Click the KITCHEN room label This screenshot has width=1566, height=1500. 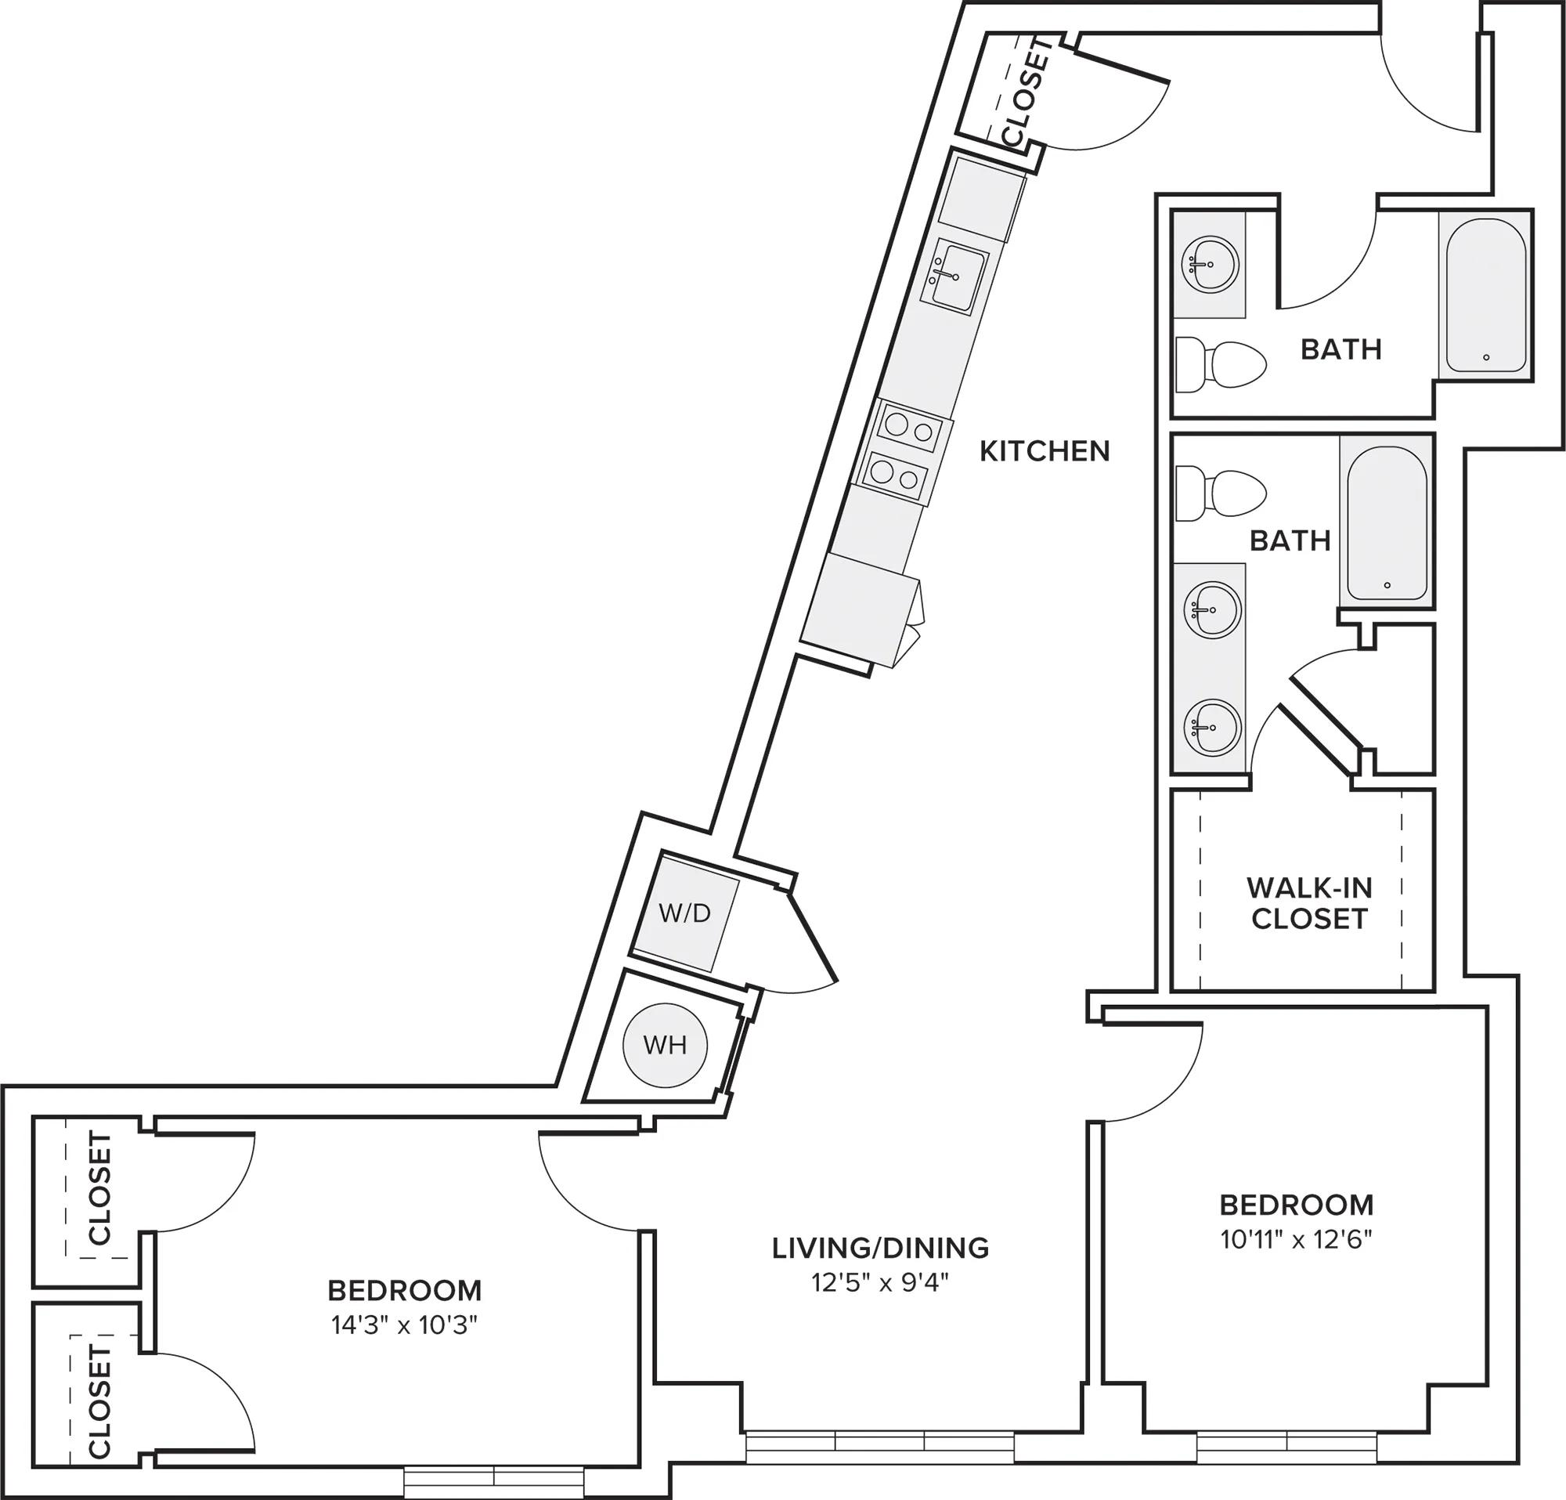pos(1045,451)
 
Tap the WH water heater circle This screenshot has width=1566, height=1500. pos(666,1044)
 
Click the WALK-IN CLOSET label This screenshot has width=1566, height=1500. pos(1309,903)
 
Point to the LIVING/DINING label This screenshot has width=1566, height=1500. pos(880,1248)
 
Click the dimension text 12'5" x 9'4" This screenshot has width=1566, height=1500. pos(880,1284)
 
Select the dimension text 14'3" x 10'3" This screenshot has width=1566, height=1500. pos(404,1326)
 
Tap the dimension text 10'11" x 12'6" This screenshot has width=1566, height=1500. pos(1296,1239)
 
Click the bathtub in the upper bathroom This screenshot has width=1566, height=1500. pos(1485,293)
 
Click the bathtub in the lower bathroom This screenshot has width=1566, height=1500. pos(1387,522)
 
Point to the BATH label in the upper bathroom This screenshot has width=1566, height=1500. pos(1341,349)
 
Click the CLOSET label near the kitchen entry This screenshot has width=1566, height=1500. pos(1026,92)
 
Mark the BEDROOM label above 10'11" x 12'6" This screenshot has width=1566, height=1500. pos(1297,1205)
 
